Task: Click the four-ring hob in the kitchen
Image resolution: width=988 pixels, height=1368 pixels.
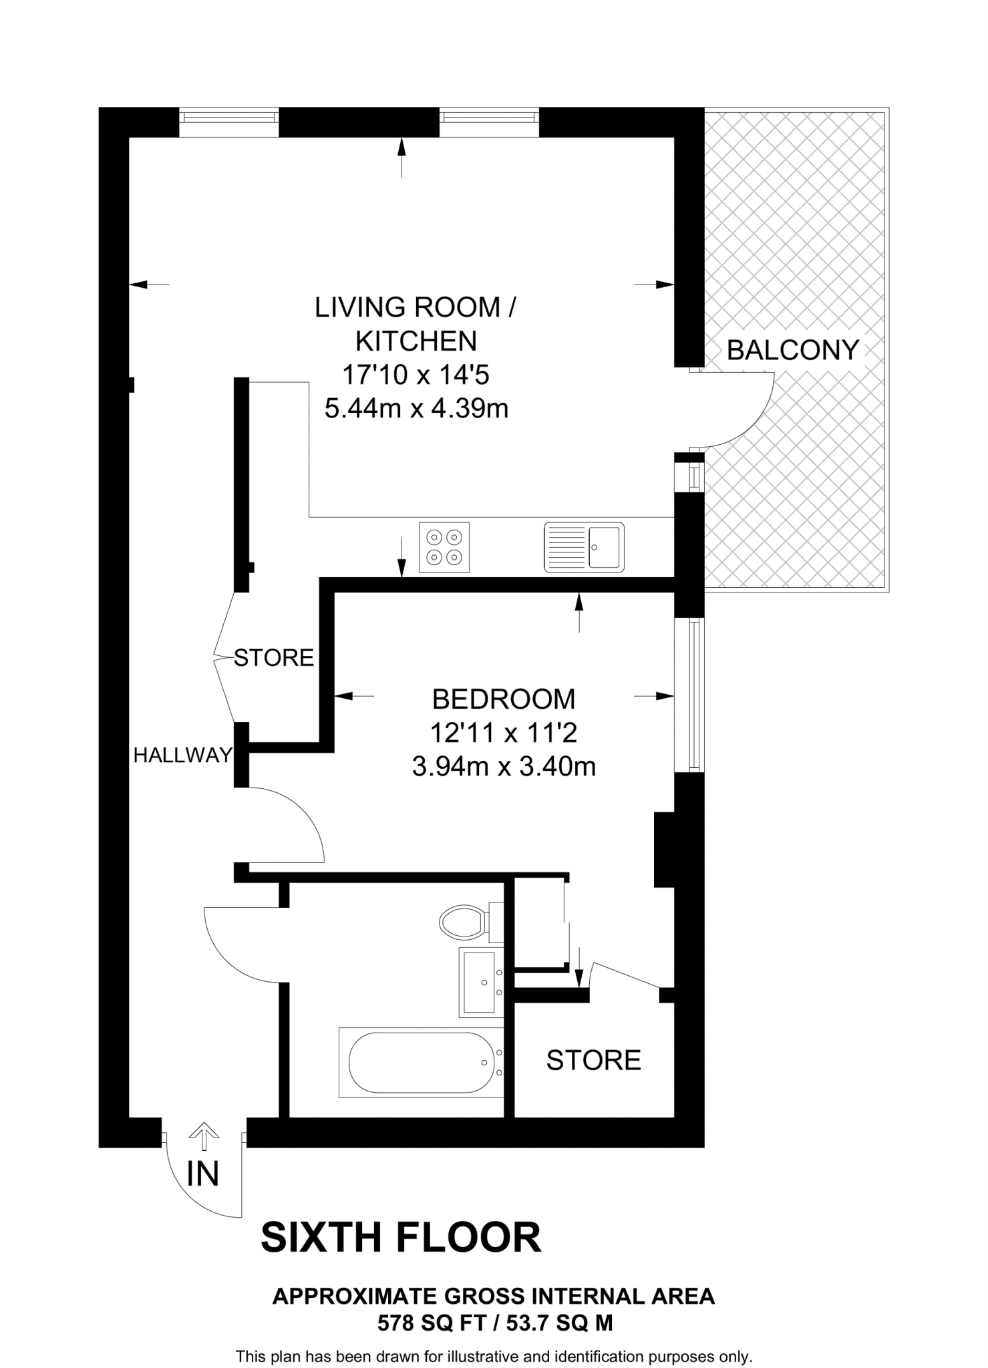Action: (x=444, y=547)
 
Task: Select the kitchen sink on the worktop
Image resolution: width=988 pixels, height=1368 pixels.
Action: (x=585, y=547)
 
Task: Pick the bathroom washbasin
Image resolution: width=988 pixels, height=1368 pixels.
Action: (x=481, y=982)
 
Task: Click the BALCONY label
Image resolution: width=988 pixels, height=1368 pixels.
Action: (x=793, y=350)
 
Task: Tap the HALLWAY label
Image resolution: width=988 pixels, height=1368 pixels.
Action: (x=182, y=755)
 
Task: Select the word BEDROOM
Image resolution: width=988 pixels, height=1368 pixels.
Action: (x=504, y=699)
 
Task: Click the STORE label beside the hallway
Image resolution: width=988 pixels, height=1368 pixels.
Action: (x=274, y=658)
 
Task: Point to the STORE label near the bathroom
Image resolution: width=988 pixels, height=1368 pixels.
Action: (x=593, y=1061)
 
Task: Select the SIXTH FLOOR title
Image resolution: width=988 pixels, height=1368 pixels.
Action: (x=401, y=1238)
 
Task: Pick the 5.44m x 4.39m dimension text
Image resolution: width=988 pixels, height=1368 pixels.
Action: (x=416, y=408)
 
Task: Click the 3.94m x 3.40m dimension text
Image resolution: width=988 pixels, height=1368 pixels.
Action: (x=504, y=767)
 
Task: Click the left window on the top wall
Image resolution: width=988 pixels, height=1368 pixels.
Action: (x=229, y=122)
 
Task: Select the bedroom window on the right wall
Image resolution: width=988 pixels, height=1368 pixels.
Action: (x=695, y=695)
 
